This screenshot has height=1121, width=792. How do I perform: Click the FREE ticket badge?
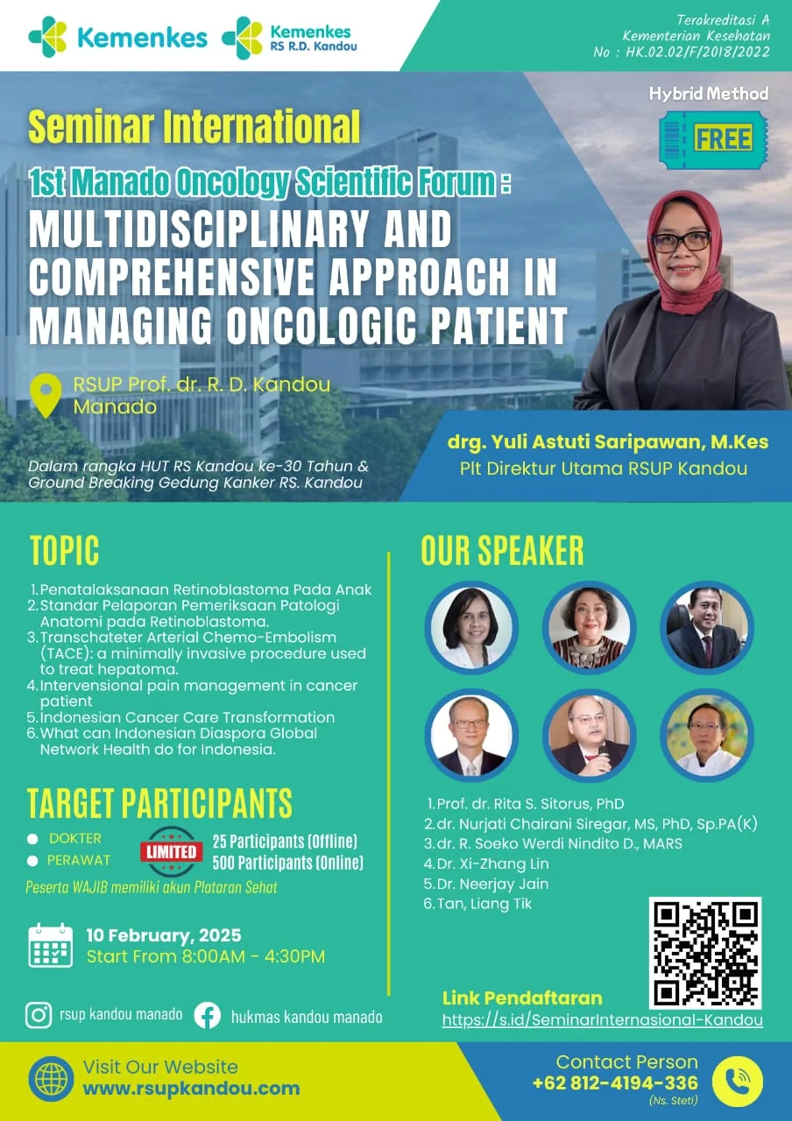[713, 139]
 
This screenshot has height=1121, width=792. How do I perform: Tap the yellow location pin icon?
[46, 395]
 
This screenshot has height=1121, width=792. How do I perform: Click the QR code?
[705, 954]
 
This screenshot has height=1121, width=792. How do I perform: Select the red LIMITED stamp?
[171, 852]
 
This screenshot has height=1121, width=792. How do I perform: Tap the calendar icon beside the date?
[50, 945]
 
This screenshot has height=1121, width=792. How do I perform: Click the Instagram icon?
[39, 1015]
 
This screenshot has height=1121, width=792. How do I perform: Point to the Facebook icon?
[208, 1016]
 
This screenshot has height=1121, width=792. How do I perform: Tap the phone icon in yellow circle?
[737, 1082]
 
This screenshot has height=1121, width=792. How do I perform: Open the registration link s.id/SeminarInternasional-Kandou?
[602, 1019]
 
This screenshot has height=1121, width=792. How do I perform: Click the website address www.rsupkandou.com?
[191, 1089]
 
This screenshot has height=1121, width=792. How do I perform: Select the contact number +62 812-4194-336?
[615, 1083]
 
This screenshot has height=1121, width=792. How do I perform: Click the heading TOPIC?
[65, 551]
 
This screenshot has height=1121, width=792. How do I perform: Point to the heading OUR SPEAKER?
[502, 551]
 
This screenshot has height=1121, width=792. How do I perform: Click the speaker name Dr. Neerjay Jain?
[492, 884]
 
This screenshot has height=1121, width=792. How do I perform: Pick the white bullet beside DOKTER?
[32, 839]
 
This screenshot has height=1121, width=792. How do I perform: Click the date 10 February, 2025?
[164, 935]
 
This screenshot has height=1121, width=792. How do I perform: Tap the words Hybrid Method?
[709, 94]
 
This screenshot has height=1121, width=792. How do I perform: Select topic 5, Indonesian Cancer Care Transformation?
[187, 717]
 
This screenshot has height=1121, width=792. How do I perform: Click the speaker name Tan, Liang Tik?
[484, 904]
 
